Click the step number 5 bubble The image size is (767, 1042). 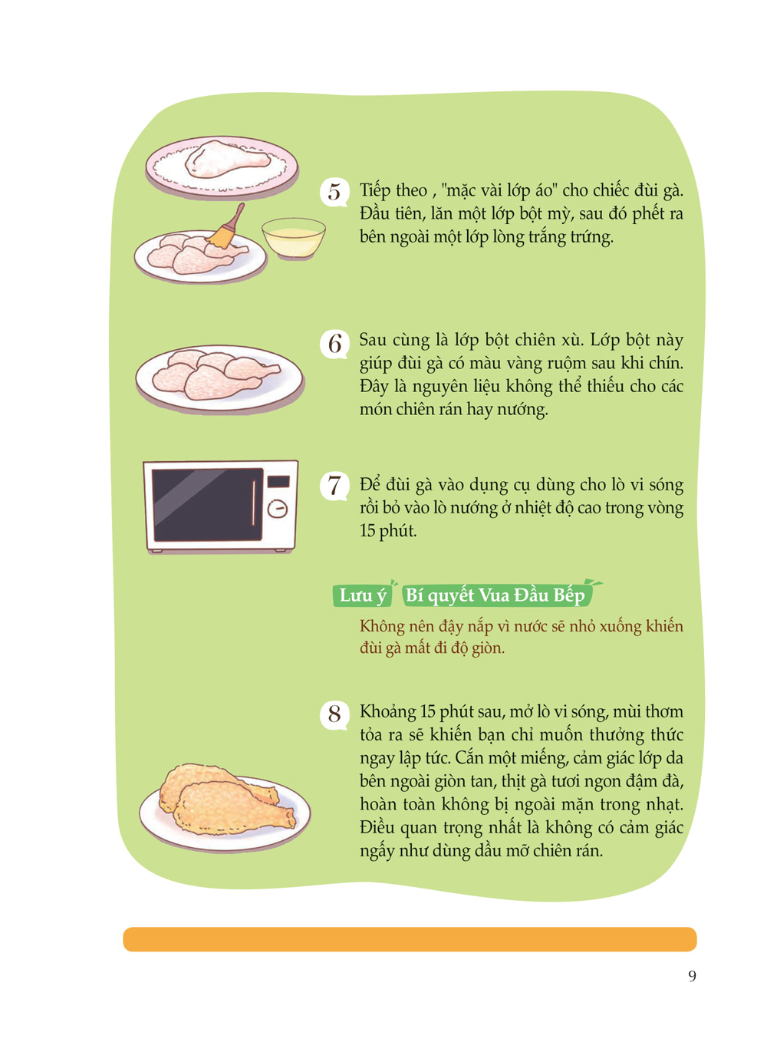[334, 193]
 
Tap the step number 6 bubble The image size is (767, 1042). [334, 345]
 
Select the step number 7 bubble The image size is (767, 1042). [334, 486]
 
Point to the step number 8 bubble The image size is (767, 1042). [334, 715]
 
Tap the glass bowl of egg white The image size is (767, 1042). [294, 239]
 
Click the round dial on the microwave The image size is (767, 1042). [278, 509]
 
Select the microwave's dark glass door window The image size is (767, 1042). [207, 505]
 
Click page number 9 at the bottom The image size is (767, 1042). [692, 975]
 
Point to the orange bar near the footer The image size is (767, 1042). [410, 939]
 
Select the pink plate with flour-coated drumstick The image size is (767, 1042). [222, 167]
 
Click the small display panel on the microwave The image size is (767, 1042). [278, 481]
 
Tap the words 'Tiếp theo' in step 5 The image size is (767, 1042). [393, 191]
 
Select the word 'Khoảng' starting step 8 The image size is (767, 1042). [388, 712]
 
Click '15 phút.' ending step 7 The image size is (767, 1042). [388, 531]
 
